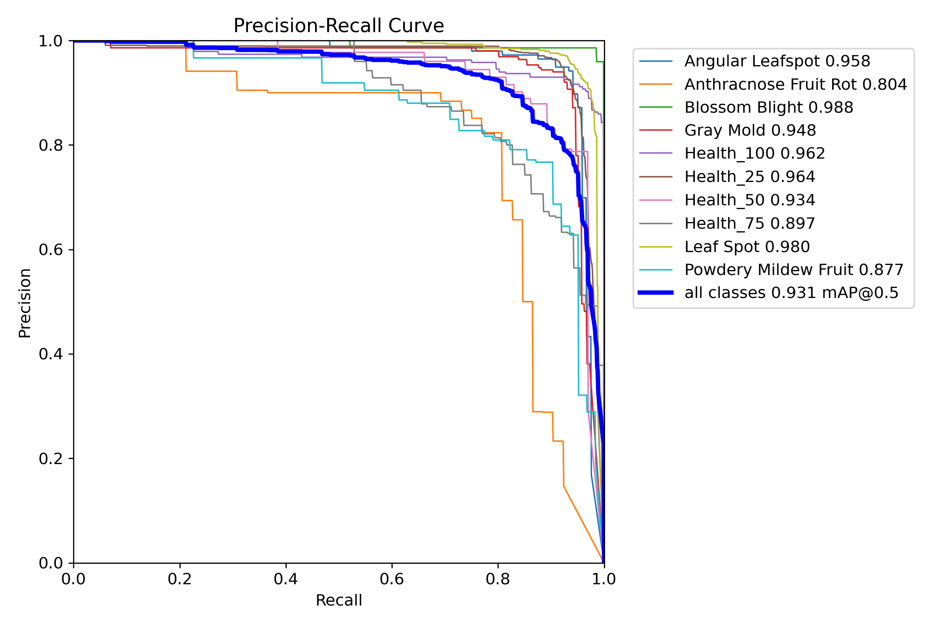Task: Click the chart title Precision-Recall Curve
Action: tap(338, 26)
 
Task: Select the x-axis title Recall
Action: tap(338, 600)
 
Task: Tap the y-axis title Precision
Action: tap(25, 303)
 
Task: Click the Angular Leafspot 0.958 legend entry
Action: tap(777, 61)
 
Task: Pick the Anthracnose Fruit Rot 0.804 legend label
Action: tap(795, 85)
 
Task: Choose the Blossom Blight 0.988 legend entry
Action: tap(769, 108)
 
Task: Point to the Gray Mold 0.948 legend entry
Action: tap(750, 131)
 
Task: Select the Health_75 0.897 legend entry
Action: tap(750, 224)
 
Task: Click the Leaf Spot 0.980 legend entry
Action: tap(747, 247)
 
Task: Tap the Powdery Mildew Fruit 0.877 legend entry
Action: tap(794, 270)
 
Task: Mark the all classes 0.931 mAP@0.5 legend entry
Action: tap(791, 293)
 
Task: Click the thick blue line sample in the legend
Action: tap(656, 293)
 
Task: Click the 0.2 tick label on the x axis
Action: tap(180, 579)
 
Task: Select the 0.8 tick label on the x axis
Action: tap(498, 579)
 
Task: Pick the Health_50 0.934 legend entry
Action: tap(750, 200)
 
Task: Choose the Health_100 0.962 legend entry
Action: tap(755, 154)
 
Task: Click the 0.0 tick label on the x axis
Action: tap(73, 579)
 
